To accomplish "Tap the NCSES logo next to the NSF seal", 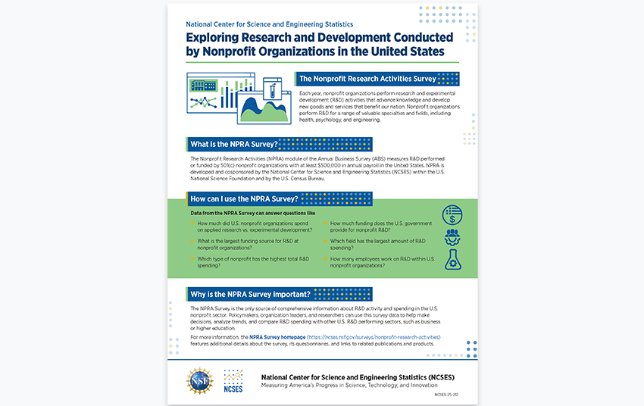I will click(x=233, y=381).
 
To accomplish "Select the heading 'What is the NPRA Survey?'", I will click(x=234, y=144).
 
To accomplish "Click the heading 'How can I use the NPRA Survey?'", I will click(x=243, y=199).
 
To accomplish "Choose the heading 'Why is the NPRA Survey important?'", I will click(x=250, y=294).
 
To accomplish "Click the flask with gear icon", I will click(x=452, y=260).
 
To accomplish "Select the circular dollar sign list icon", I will click(x=452, y=215).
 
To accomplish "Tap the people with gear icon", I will click(x=452, y=237).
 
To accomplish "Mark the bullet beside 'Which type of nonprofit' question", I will click(x=192, y=259).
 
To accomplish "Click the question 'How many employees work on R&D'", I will click(x=383, y=259).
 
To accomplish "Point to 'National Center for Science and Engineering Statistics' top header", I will click(x=269, y=24).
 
